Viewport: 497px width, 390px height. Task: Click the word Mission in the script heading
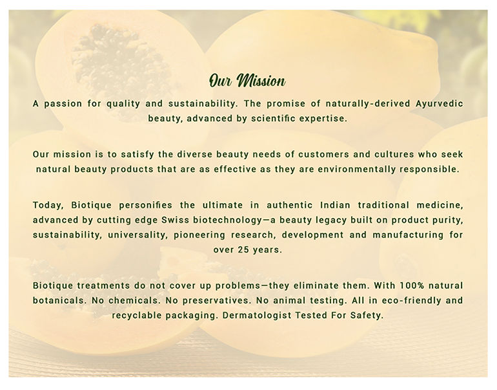[261, 81]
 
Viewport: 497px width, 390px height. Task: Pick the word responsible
[429, 169]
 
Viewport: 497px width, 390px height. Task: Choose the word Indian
[336, 205]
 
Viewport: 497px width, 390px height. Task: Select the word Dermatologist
[257, 316]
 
